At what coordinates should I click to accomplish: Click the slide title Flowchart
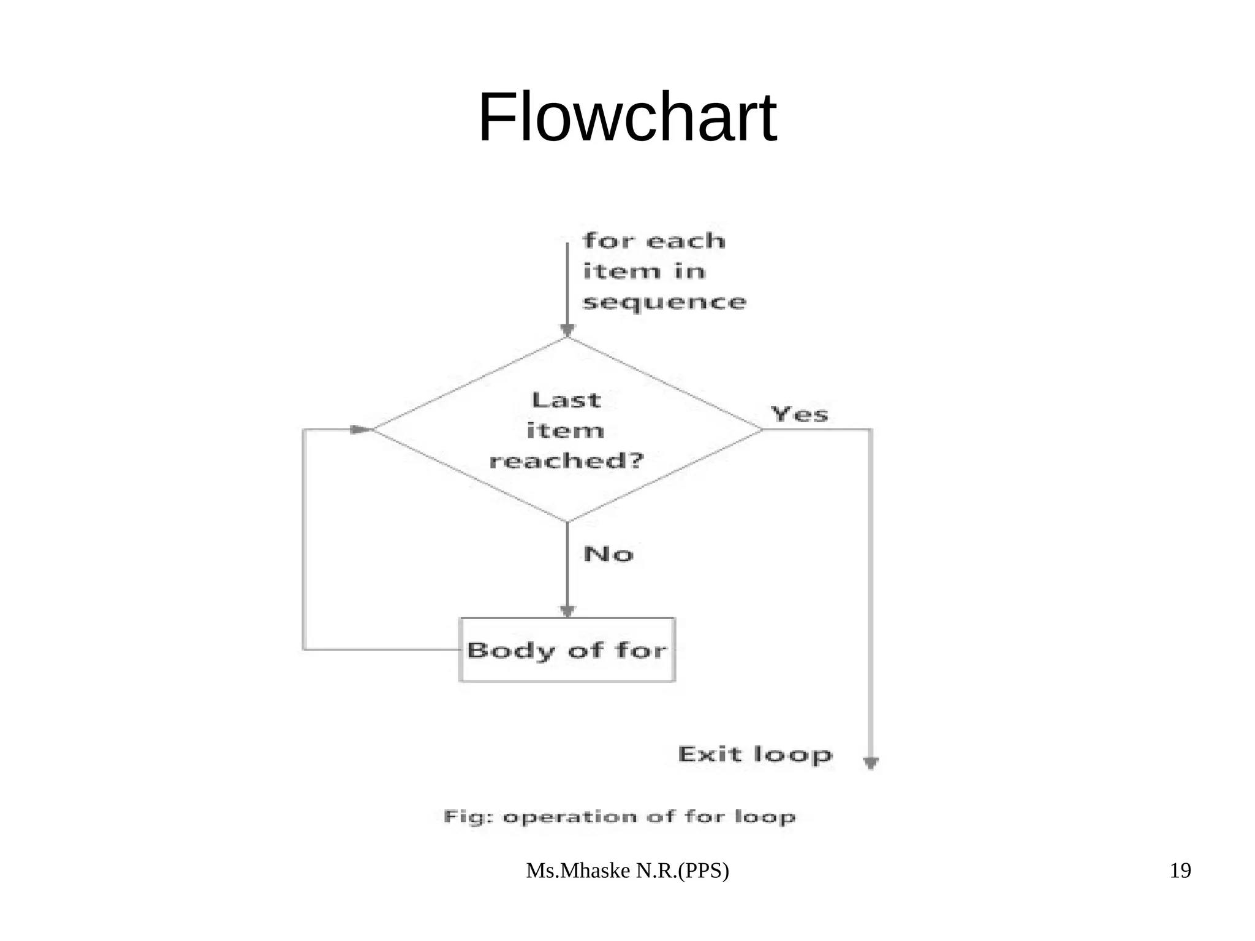coord(627,118)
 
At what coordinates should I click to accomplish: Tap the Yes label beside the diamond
coord(800,414)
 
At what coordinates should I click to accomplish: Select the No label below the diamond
coord(608,554)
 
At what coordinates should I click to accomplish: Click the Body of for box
coord(567,650)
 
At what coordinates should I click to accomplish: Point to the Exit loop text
coord(755,754)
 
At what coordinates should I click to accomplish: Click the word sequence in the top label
coord(664,302)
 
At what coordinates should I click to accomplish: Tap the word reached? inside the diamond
coord(567,461)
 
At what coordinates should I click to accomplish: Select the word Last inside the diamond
coord(566,400)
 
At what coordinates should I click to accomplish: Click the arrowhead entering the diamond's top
coord(567,330)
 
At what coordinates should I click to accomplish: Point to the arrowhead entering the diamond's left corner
coord(360,430)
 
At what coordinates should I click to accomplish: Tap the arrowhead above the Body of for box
coord(567,611)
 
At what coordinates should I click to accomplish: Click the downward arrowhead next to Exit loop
coord(871,763)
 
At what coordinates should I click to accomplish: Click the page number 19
coord(1180,871)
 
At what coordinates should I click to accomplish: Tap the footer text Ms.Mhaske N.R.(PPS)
coord(627,871)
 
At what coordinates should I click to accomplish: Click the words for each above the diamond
coord(654,241)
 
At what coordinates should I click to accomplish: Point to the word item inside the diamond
coord(565,430)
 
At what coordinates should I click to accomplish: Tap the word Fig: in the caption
coord(468,817)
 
